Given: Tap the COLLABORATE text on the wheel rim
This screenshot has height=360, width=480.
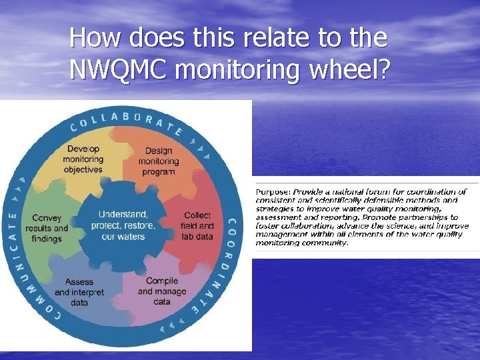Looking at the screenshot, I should [x=127, y=121].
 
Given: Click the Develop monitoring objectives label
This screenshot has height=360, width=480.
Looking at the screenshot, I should [x=83, y=159].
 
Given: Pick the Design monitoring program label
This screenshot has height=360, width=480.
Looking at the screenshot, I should [x=159, y=161].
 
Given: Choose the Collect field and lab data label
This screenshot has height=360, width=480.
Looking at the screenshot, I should [x=197, y=226].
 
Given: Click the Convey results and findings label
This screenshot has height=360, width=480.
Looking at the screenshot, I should [x=47, y=228].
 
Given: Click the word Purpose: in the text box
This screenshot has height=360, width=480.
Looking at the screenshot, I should [x=273, y=192].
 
